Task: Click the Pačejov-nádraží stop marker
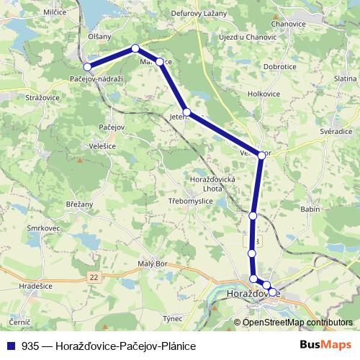(88, 67)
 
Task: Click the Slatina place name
(346, 78)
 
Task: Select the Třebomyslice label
(191, 201)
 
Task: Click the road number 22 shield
(94, 276)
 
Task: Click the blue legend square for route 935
(11, 346)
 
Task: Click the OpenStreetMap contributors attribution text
(297, 322)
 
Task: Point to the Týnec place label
(172, 318)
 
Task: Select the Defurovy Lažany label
(199, 13)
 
